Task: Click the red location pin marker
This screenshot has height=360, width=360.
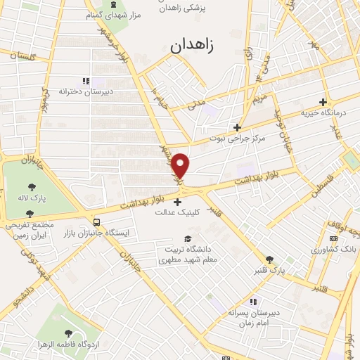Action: [181, 166]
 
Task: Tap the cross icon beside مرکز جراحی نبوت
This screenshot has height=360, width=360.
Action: [238, 128]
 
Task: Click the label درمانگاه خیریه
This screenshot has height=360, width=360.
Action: [322, 112]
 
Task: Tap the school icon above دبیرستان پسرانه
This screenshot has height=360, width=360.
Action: [253, 302]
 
